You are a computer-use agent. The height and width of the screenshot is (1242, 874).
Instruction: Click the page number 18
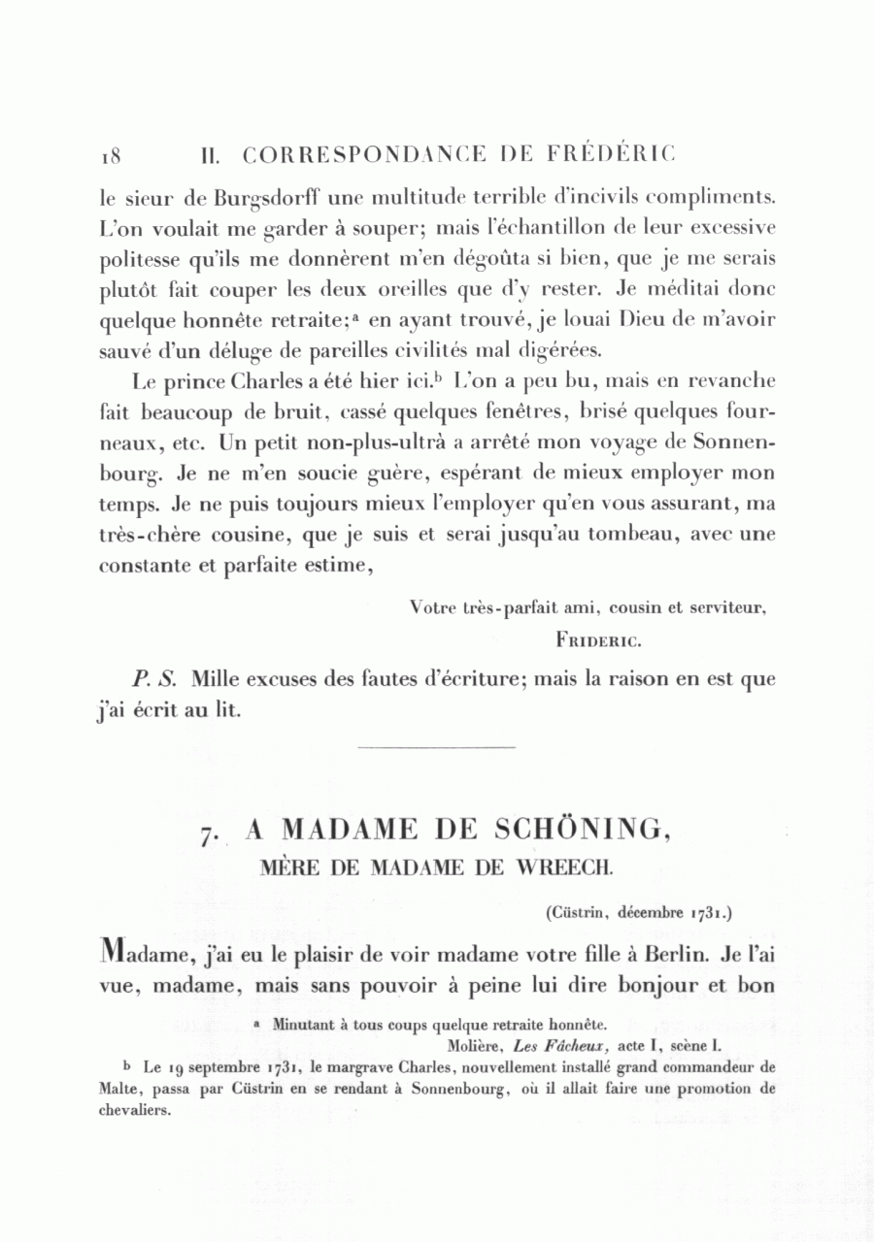tap(108, 155)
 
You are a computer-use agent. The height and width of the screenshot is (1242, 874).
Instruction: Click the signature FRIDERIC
tap(598, 640)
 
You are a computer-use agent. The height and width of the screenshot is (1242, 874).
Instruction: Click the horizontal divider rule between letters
tap(436, 746)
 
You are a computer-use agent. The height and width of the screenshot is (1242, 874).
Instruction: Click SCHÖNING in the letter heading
tap(582, 831)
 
